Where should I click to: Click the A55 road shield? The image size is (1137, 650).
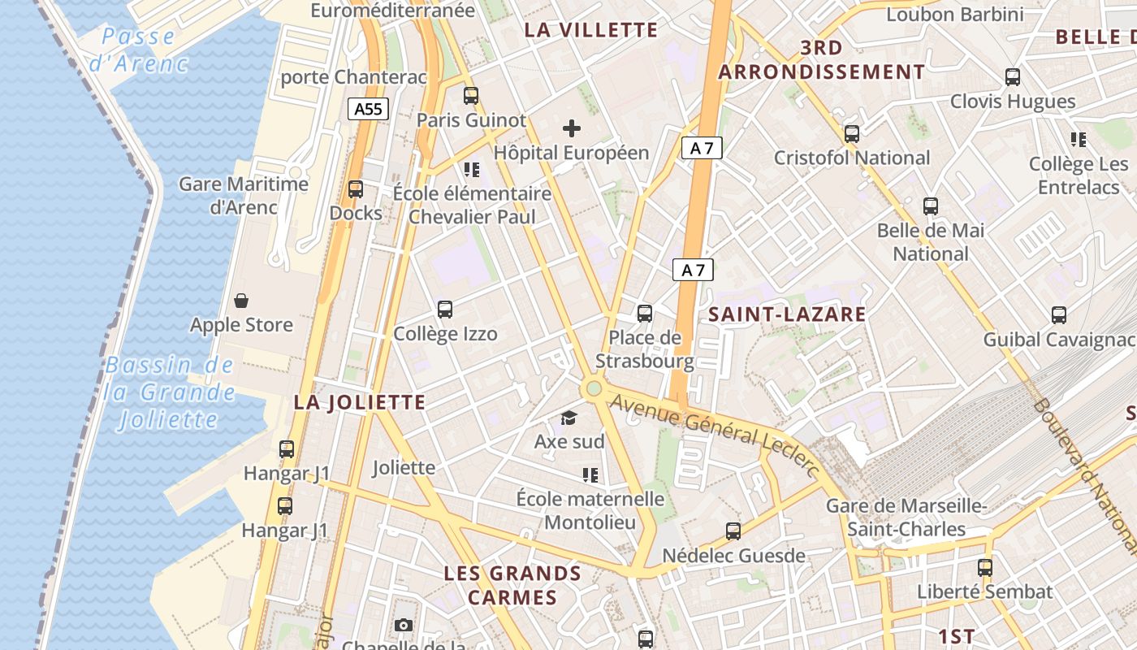coord(369,109)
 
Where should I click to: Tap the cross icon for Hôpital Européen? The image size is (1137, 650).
coord(572,128)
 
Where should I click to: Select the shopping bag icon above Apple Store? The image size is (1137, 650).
coord(241,301)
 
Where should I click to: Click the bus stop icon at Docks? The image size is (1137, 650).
coord(356,189)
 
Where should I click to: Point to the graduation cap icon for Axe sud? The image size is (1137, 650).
coord(568,418)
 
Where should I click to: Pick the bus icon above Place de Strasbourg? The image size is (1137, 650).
coord(645,313)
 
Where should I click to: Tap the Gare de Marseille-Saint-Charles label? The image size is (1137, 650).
coord(906,518)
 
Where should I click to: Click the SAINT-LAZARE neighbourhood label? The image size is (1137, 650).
coord(787,314)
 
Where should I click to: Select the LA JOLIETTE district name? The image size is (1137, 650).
coord(360,402)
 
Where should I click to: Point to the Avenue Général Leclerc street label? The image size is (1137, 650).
coord(715,431)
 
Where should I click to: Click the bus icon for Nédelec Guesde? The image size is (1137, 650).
coord(733,531)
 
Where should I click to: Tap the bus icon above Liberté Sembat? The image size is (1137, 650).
coord(985,567)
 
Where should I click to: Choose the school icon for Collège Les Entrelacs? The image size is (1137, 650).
coord(1079,140)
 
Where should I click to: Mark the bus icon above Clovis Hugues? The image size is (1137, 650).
coord(1013,77)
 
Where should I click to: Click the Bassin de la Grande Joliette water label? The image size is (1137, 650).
coord(170,392)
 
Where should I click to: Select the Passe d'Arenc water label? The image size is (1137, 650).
coord(139,50)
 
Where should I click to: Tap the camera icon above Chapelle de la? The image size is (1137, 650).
coord(404,625)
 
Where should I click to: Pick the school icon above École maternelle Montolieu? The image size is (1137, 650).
coord(590,474)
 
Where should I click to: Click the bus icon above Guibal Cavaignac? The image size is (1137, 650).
coord(1059,314)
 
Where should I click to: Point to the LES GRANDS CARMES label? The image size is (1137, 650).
coord(512,585)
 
